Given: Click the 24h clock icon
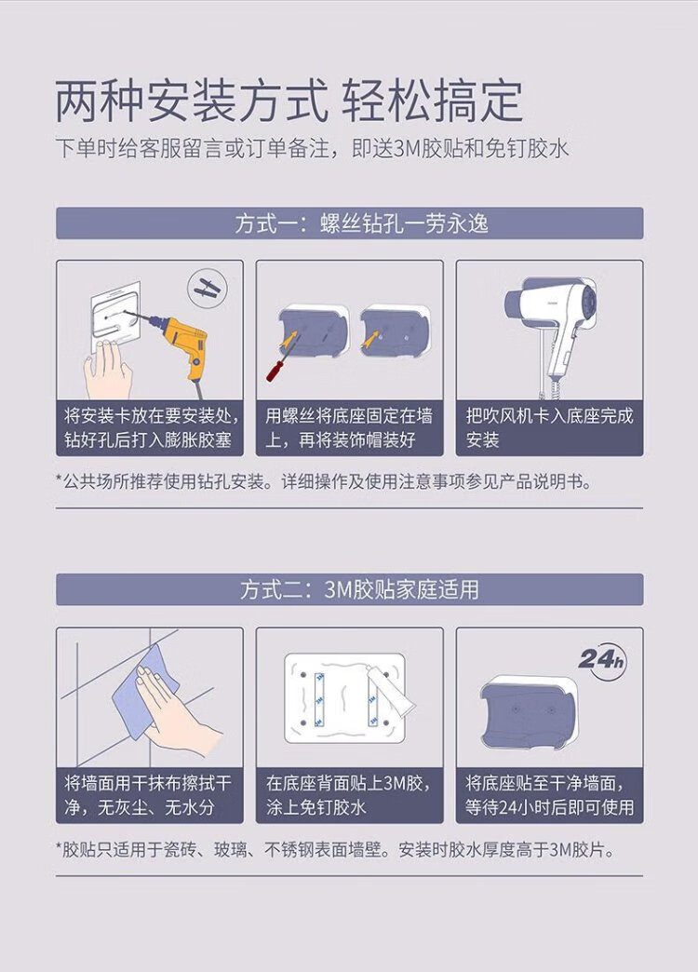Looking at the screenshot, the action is tap(602, 660).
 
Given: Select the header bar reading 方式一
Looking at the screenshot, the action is tap(350, 223).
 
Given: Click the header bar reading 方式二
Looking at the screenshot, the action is tap(350, 589).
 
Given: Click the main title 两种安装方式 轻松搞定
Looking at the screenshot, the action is tap(289, 101).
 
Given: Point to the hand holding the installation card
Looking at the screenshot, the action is tap(108, 370).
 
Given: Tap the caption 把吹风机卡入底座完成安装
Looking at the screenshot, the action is tap(549, 427).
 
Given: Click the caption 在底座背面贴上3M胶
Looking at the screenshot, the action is tap(348, 783).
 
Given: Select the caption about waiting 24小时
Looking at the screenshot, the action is tap(549, 795).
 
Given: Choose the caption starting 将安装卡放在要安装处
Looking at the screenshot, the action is tap(150, 427).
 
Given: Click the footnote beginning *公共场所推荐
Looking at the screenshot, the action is tap(323, 481).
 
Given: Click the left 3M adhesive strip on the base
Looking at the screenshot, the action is tap(319, 698).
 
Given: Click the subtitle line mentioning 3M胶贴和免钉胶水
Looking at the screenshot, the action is tap(312, 149).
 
